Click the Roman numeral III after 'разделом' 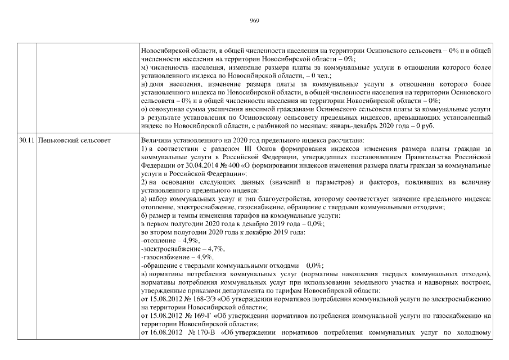click(x=237, y=148)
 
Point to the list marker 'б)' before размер click(x=145, y=215)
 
